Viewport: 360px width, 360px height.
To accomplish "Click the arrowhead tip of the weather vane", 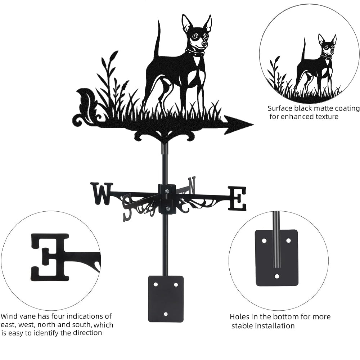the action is [253, 125].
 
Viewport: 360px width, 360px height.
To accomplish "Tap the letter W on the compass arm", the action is [102, 194].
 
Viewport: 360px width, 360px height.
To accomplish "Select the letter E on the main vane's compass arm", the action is [237, 198].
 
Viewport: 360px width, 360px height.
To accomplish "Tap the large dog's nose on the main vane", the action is [204, 44].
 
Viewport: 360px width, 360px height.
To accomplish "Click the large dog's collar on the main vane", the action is [195, 53].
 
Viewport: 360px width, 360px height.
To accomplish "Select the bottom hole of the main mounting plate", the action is [166, 314].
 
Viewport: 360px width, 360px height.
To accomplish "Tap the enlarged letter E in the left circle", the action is [50, 257].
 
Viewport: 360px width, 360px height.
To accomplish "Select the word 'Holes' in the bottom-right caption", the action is [239, 317].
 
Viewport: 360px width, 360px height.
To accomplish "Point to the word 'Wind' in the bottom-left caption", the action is [9, 316].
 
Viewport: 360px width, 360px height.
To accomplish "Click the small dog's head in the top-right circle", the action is [327, 44].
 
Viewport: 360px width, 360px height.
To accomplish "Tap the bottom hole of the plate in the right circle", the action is [277, 276].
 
